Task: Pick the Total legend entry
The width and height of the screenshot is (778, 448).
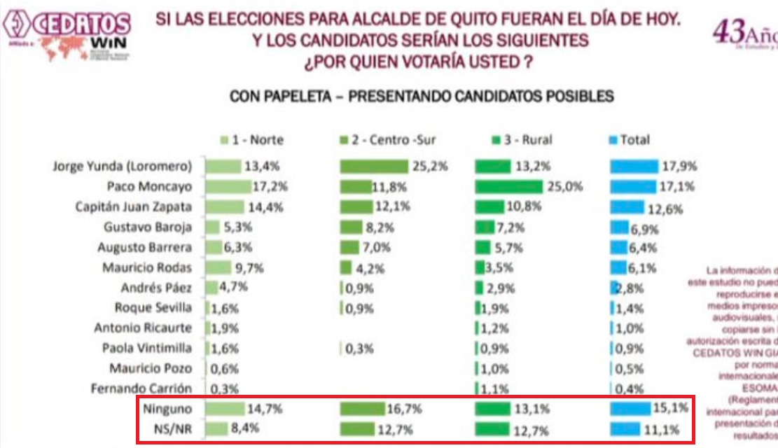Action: point(630,140)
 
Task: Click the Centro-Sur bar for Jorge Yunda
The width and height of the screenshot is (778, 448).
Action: point(373,167)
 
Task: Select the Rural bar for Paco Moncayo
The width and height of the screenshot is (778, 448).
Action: point(508,187)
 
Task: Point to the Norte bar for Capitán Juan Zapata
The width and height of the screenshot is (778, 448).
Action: point(224,207)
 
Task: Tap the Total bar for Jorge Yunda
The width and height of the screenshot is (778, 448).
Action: point(634,167)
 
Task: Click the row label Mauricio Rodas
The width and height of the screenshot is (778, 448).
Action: point(146,267)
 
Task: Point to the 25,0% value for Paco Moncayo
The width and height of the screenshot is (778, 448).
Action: point(562,187)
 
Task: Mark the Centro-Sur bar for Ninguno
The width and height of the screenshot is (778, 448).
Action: point(362,408)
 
